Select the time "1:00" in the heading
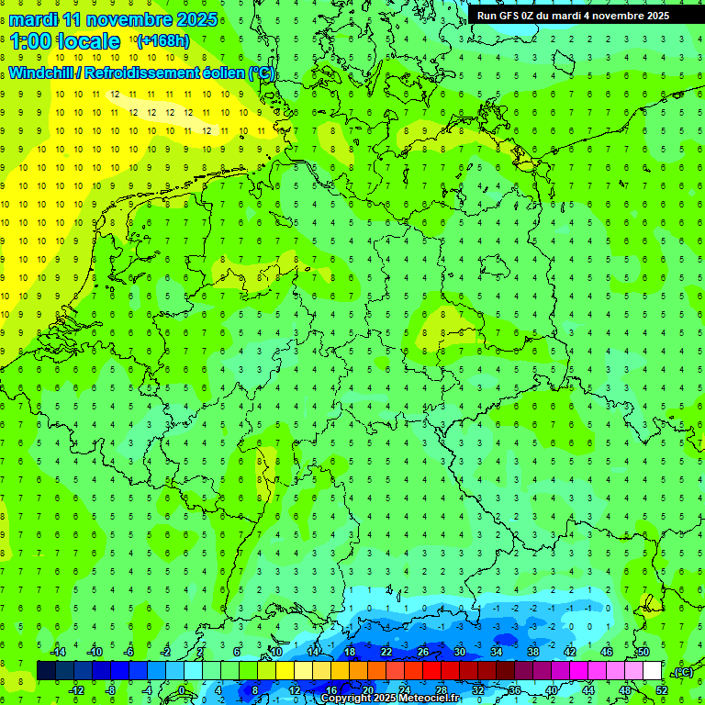(30, 41)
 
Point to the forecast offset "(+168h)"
(162, 41)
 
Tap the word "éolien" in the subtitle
(223, 73)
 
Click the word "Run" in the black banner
(487, 16)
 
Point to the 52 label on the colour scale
(662, 690)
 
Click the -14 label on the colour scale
(59, 652)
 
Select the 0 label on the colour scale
(182, 690)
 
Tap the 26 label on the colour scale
(423, 652)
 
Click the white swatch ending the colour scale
(652, 670)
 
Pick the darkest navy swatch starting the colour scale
(46, 670)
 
